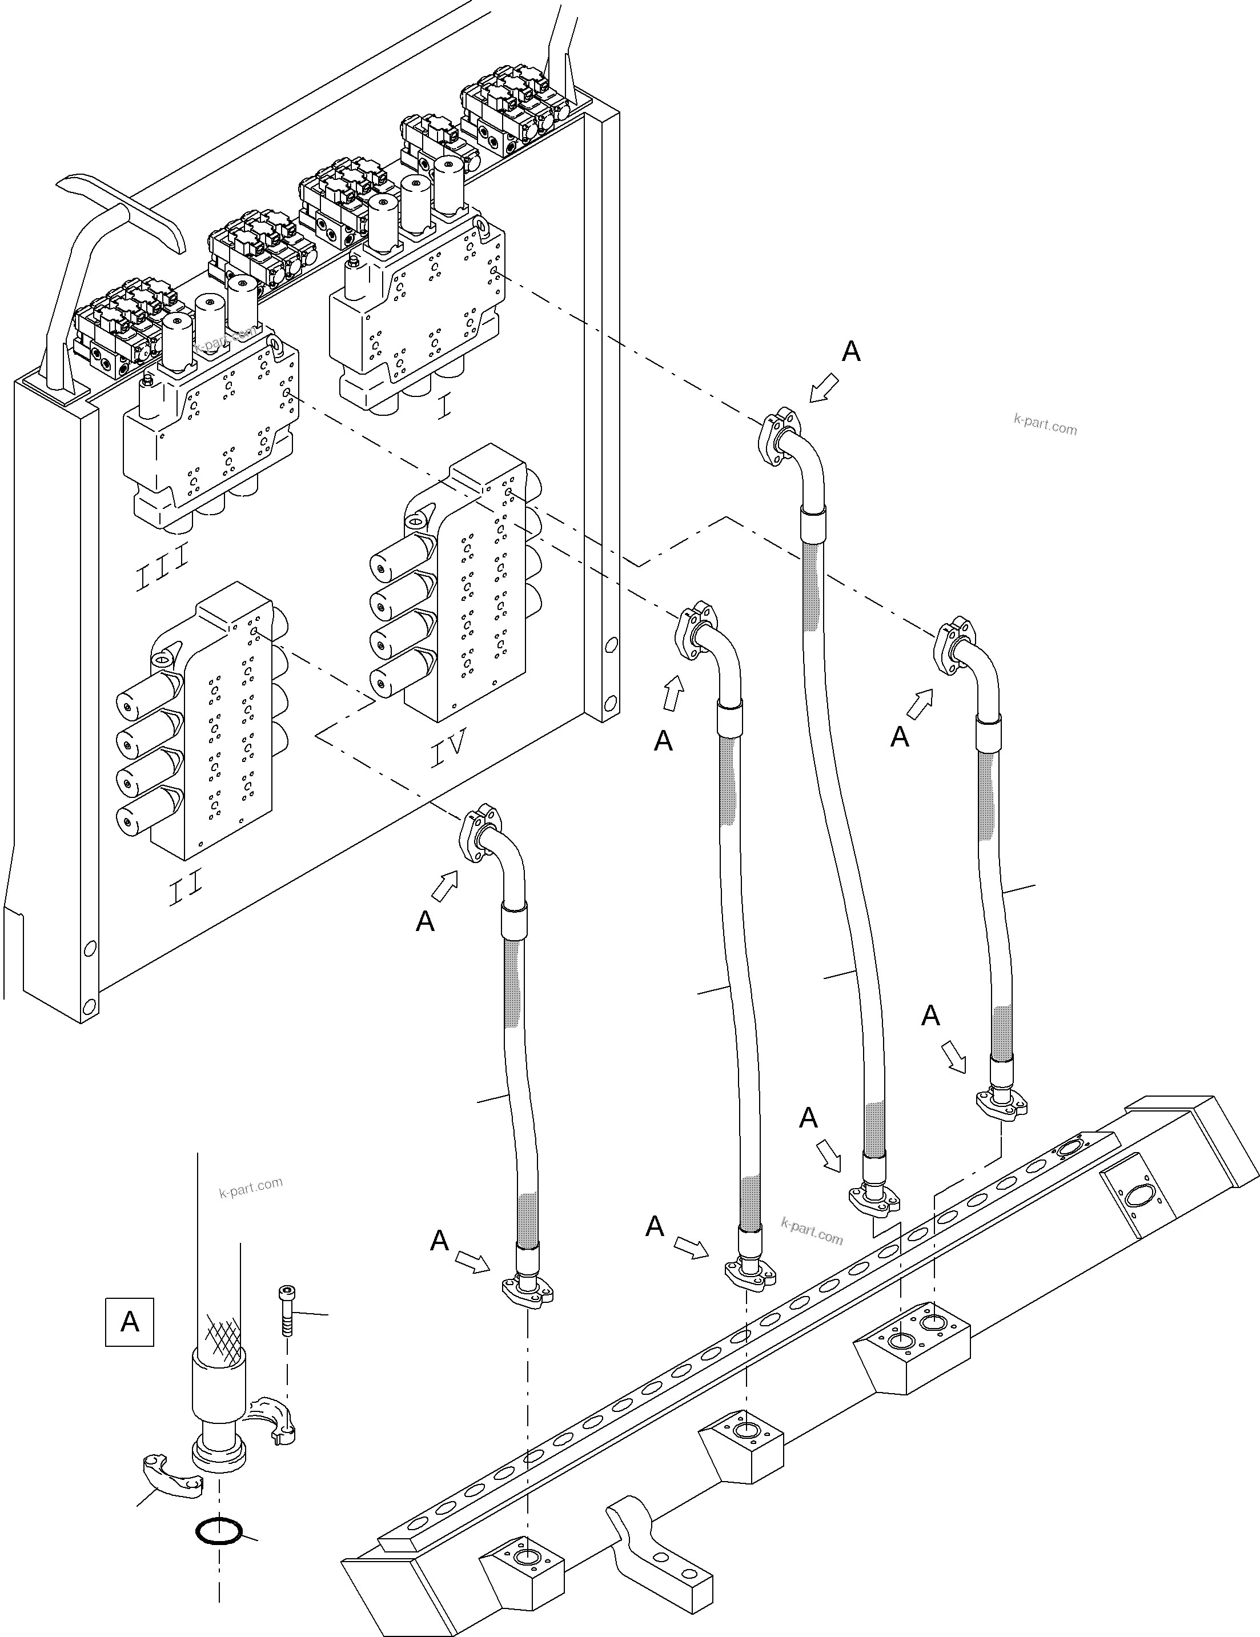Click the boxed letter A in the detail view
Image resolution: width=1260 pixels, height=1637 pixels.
(x=130, y=1322)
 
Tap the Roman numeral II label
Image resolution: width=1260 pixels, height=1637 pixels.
(x=185, y=889)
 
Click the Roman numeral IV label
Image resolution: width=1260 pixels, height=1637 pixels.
(x=448, y=747)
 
